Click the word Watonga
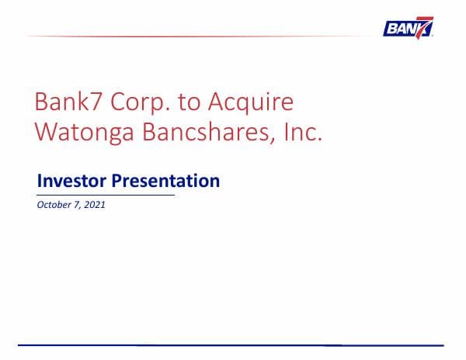(83, 133)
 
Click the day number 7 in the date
(77, 206)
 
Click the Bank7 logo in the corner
(409, 28)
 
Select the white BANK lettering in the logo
(401, 29)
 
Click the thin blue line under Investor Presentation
(106, 196)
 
